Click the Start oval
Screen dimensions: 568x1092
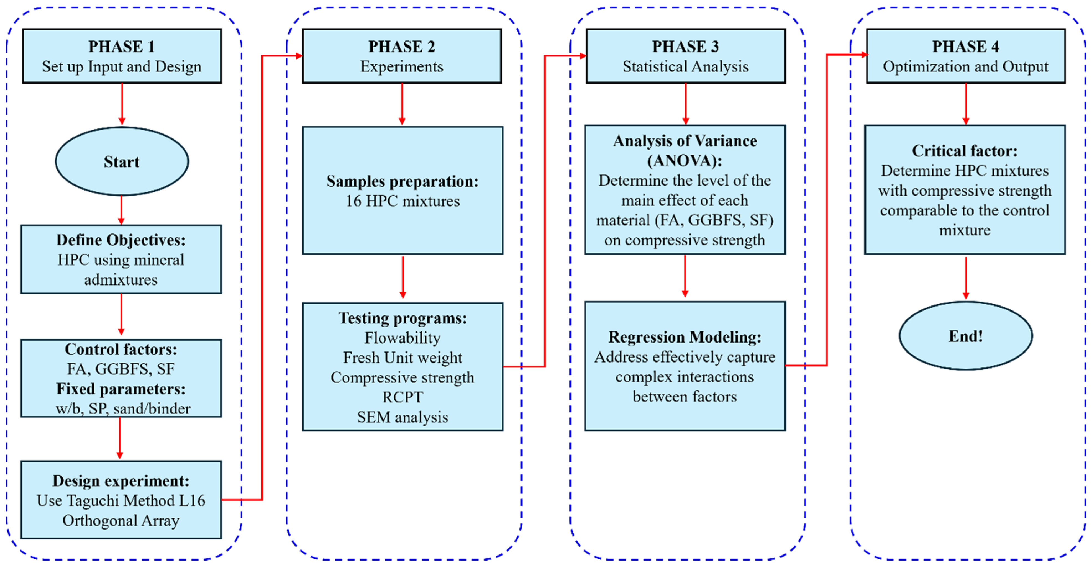tap(122, 161)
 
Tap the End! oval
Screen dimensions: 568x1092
tap(965, 336)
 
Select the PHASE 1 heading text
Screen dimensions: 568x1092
tap(122, 46)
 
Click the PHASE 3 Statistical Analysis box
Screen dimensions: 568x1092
tap(685, 56)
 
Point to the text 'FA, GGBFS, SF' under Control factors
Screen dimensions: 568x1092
tap(121, 369)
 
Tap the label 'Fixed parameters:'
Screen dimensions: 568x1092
tap(121, 389)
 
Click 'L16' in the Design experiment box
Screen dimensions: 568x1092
tap(192, 501)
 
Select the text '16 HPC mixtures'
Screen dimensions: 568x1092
tap(402, 201)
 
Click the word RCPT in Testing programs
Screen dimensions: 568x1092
tap(402, 397)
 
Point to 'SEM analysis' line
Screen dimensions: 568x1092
tap(402, 417)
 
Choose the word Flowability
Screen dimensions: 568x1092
tap(402, 338)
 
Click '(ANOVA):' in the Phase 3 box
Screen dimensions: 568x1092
tap(685, 160)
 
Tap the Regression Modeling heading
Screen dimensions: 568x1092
tap(685, 337)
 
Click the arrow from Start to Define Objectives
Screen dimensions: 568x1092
tap(121, 210)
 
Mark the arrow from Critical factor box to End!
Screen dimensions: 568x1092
tap(966, 278)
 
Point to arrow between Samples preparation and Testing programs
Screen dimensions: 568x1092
tap(403, 277)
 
